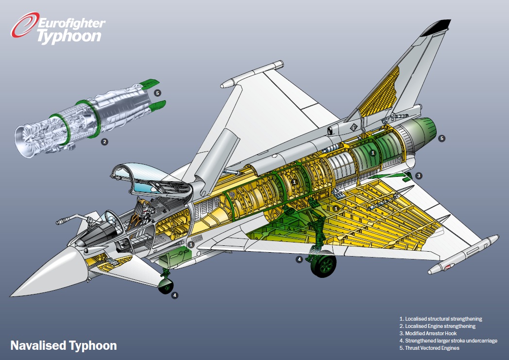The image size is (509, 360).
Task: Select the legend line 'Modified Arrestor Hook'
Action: (x=428, y=333)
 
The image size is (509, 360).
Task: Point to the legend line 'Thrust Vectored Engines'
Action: (x=429, y=348)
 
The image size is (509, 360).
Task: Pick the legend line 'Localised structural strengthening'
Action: (x=441, y=319)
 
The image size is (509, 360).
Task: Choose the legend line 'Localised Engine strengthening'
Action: (x=437, y=326)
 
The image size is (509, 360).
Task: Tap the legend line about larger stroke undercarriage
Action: (x=448, y=341)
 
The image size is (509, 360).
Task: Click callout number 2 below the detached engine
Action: (x=104, y=141)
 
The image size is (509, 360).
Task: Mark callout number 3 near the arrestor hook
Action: (x=419, y=175)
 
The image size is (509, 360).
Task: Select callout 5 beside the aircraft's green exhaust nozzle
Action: (x=441, y=138)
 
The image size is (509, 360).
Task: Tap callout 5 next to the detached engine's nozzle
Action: (x=157, y=93)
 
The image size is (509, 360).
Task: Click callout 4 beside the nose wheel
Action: (x=175, y=295)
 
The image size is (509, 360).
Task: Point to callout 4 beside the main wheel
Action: (x=299, y=259)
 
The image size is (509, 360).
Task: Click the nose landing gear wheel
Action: (x=166, y=287)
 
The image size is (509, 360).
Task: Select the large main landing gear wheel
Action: (x=323, y=266)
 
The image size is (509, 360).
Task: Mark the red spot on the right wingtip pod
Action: (x=448, y=267)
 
